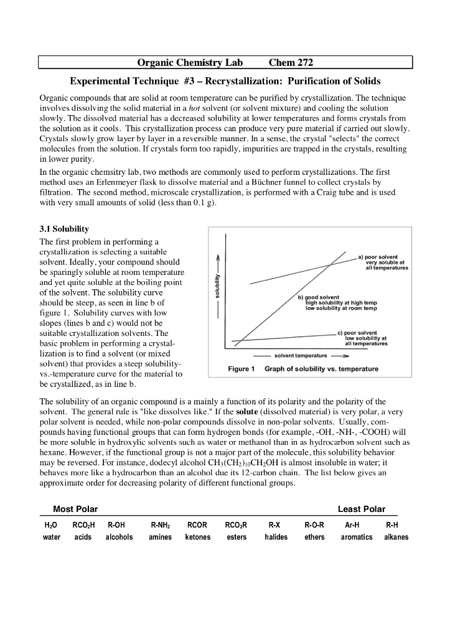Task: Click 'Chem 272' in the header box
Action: point(291,63)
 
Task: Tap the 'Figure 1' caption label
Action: point(241,369)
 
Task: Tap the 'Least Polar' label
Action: point(361,509)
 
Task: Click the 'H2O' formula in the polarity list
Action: point(51,525)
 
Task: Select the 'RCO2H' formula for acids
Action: point(83,525)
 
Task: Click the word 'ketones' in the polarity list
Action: point(198,537)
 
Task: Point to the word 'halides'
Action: point(276,537)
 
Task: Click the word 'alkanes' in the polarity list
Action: point(396,537)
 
